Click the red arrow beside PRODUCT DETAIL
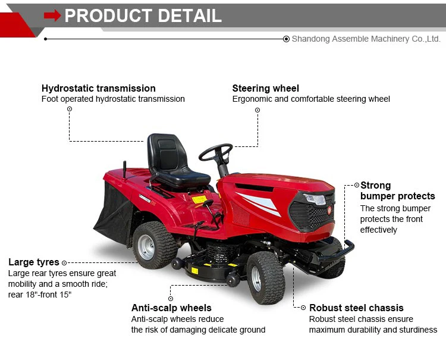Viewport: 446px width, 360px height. coord(52,16)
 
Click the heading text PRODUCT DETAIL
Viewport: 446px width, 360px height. coord(143,16)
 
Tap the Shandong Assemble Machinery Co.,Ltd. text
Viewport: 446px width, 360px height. coord(366,39)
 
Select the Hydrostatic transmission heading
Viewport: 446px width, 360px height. coord(99,89)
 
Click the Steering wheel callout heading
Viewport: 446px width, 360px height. coord(265,89)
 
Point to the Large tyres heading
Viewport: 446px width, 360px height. coord(34,262)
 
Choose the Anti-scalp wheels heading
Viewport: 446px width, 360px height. coord(171,308)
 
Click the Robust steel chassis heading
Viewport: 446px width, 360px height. coord(356,308)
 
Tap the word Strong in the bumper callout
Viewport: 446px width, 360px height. coord(375,186)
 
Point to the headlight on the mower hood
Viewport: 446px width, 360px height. coord(315,199)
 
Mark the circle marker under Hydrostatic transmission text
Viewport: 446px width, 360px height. coord(70,109)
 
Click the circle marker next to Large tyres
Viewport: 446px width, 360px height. coord(64,262)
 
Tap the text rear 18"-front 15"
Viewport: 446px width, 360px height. coord(40,295)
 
